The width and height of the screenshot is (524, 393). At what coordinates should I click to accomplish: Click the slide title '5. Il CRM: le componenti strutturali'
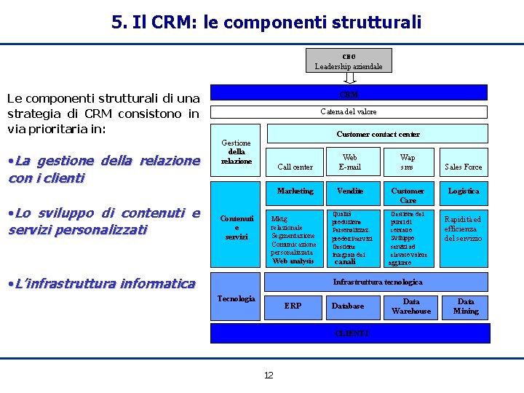pos(266,23)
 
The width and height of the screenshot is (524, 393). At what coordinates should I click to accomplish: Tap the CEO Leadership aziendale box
pos(349,60)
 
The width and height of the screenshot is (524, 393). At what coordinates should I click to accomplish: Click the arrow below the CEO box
pos(349,78)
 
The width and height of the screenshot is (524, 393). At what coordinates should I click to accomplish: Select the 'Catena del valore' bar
pos(349,112)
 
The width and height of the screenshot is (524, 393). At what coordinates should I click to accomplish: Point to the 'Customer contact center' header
pos(378,134)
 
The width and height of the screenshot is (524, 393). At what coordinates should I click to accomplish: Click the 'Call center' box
pos(295,167)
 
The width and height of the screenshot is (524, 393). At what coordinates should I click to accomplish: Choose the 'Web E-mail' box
pos(349,162)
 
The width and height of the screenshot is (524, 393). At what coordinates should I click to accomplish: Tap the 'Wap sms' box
pos(408,162)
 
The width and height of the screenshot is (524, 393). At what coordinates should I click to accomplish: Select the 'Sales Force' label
pos(464,167)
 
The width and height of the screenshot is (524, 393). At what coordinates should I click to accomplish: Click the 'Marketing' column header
pos(295,191)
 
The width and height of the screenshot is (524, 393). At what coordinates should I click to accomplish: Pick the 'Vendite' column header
pos(350,191)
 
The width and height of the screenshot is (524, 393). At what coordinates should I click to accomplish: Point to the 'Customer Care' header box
pos(408,195)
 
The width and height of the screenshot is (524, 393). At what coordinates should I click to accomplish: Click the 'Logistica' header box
pos(464,191)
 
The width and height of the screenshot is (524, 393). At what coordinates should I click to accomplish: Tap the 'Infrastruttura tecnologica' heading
pos(378,282)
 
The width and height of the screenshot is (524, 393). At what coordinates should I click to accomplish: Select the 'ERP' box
pos(293,306)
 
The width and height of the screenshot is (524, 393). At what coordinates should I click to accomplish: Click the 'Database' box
pos(348,306)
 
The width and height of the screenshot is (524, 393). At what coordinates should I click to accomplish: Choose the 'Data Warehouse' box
pos(411,306)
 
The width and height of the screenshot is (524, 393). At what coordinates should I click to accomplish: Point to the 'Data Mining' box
pos(466,306)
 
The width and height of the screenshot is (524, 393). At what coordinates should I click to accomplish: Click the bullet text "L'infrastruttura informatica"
pos(101,284)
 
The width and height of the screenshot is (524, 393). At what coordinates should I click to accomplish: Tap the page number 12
pos(269,376)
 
